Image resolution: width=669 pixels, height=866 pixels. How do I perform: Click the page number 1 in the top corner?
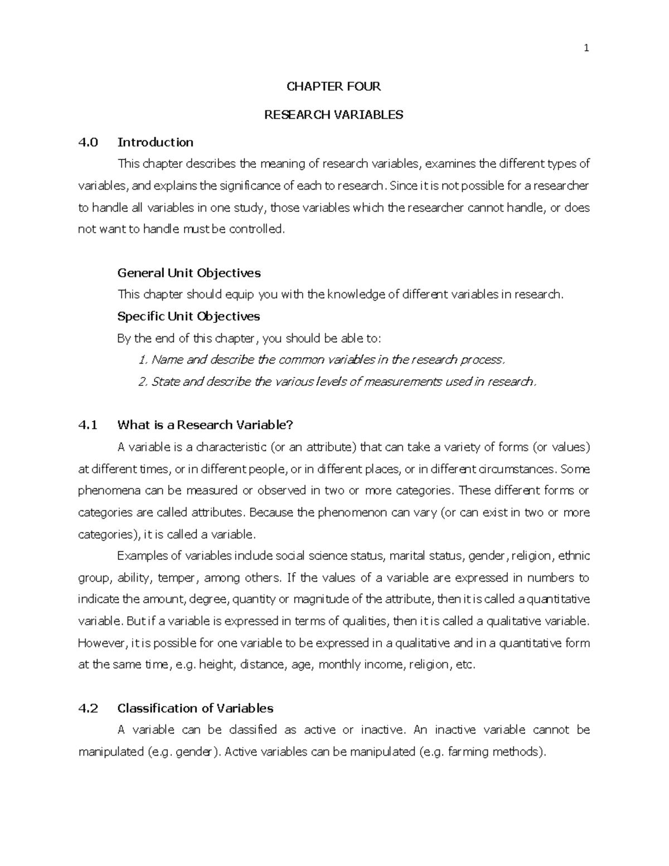(x=586, y=48)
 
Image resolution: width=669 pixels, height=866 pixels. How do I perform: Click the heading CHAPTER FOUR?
(x=333, y=86)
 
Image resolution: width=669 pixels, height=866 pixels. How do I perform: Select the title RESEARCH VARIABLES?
(x=333, y=115)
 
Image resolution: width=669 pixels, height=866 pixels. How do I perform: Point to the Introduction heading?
(x=155, y=142)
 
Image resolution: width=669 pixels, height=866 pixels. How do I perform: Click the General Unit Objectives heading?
(x=189, y=273)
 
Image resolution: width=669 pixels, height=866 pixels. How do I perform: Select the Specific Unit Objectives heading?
(x=188, y=317)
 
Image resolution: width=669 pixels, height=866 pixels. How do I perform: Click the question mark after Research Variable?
(x=289, y=425)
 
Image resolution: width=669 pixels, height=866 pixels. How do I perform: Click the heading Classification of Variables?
(x=195, y=709)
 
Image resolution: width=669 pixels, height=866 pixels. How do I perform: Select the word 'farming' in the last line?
(x=467, y=752)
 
